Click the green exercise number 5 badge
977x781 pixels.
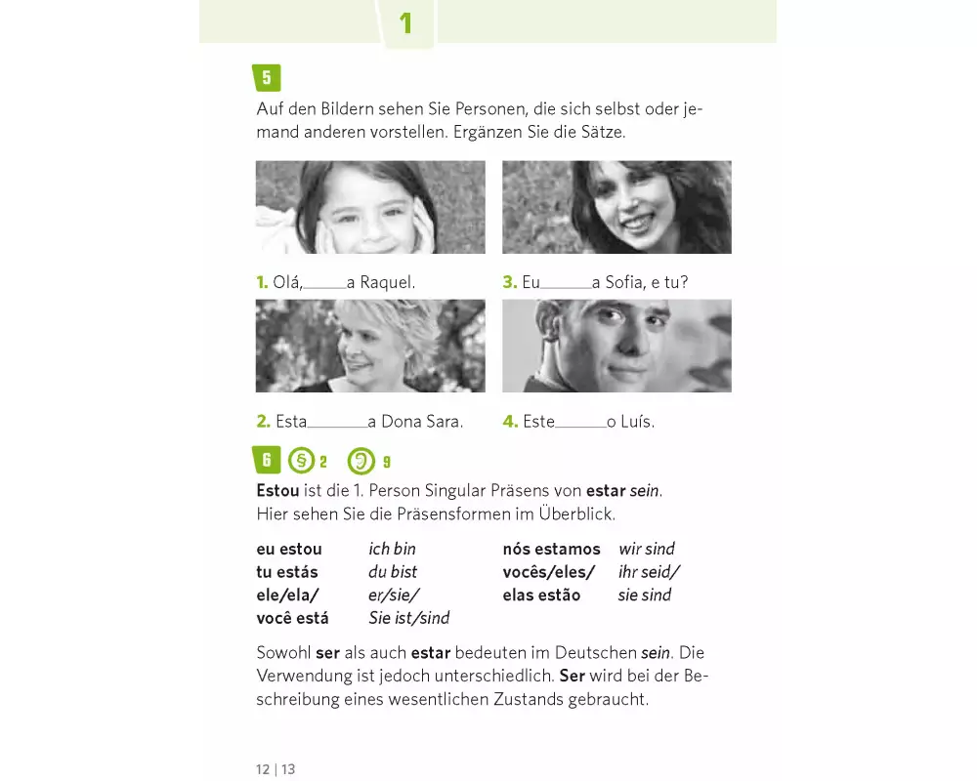point(267,78)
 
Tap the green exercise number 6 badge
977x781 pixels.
point(267,460)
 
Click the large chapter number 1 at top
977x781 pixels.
point(405,23)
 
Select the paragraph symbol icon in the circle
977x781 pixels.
point(302,461)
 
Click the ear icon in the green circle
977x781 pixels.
point(361,461)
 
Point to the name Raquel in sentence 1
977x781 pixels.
point(387,283)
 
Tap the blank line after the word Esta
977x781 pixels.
point(337,427)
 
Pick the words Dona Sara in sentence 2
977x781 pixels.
point(422,422)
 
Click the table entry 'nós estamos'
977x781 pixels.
point(551,549)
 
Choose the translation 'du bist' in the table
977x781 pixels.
point(393,572)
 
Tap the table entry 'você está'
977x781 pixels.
point(292,618)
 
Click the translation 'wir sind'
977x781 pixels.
point(647,549)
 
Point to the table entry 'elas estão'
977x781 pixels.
point(541,595)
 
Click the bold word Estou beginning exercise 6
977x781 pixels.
point(277,491)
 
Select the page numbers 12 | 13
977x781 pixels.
point(276,769)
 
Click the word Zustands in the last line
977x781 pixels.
point(529,699)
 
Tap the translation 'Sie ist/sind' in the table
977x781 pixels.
point(408,618)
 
